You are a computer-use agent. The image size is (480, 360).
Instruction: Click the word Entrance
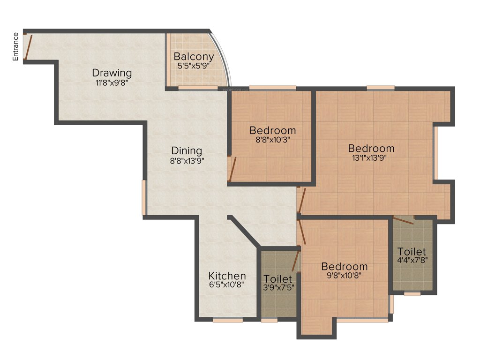[x=15, y=46]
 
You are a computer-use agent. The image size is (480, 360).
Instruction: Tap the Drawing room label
[x=112, y=73]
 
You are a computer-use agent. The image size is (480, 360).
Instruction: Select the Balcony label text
[x=194, y=57]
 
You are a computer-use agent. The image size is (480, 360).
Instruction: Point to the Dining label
[x=187, y=151]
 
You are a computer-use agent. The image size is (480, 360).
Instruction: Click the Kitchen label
[x=227, y=276]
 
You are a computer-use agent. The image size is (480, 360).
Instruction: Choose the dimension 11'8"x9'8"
[x=112, y=82]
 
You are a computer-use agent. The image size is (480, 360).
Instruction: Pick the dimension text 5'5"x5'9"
[x=194, y=66]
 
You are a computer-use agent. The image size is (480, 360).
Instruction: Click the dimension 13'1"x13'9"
[x=371, y=157]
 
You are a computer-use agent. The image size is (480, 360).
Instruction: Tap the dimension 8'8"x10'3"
[x=272, y=139]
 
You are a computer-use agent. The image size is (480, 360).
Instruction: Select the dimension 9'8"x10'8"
[x=345, y=275]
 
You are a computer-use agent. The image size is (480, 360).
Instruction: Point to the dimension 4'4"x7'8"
[x=412, y=259]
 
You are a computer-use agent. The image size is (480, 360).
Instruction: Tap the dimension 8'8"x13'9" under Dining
[x=187, y=160]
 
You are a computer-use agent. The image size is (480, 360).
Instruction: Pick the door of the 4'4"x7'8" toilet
[x=403, y=221]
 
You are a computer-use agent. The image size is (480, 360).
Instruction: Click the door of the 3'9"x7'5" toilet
[x=296, y=261]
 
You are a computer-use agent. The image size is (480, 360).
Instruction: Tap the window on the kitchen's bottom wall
[x=227, y=321]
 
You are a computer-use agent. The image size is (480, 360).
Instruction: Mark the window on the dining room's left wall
[x=144, y=197]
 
